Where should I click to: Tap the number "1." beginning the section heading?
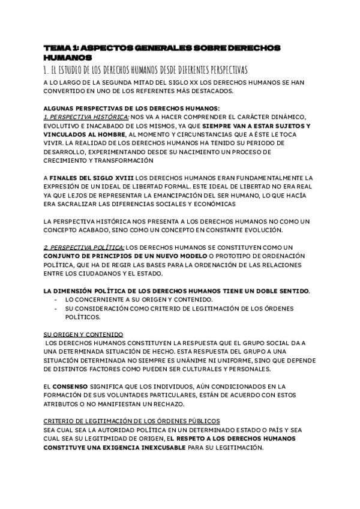tap(46, 70)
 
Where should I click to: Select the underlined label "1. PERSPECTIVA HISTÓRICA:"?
tap(86, 116)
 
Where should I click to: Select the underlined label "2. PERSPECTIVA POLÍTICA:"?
tap(84, 247)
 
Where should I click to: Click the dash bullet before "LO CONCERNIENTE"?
tap(56, 299)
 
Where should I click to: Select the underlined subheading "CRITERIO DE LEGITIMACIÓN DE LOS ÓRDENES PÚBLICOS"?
tap(131, 421)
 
